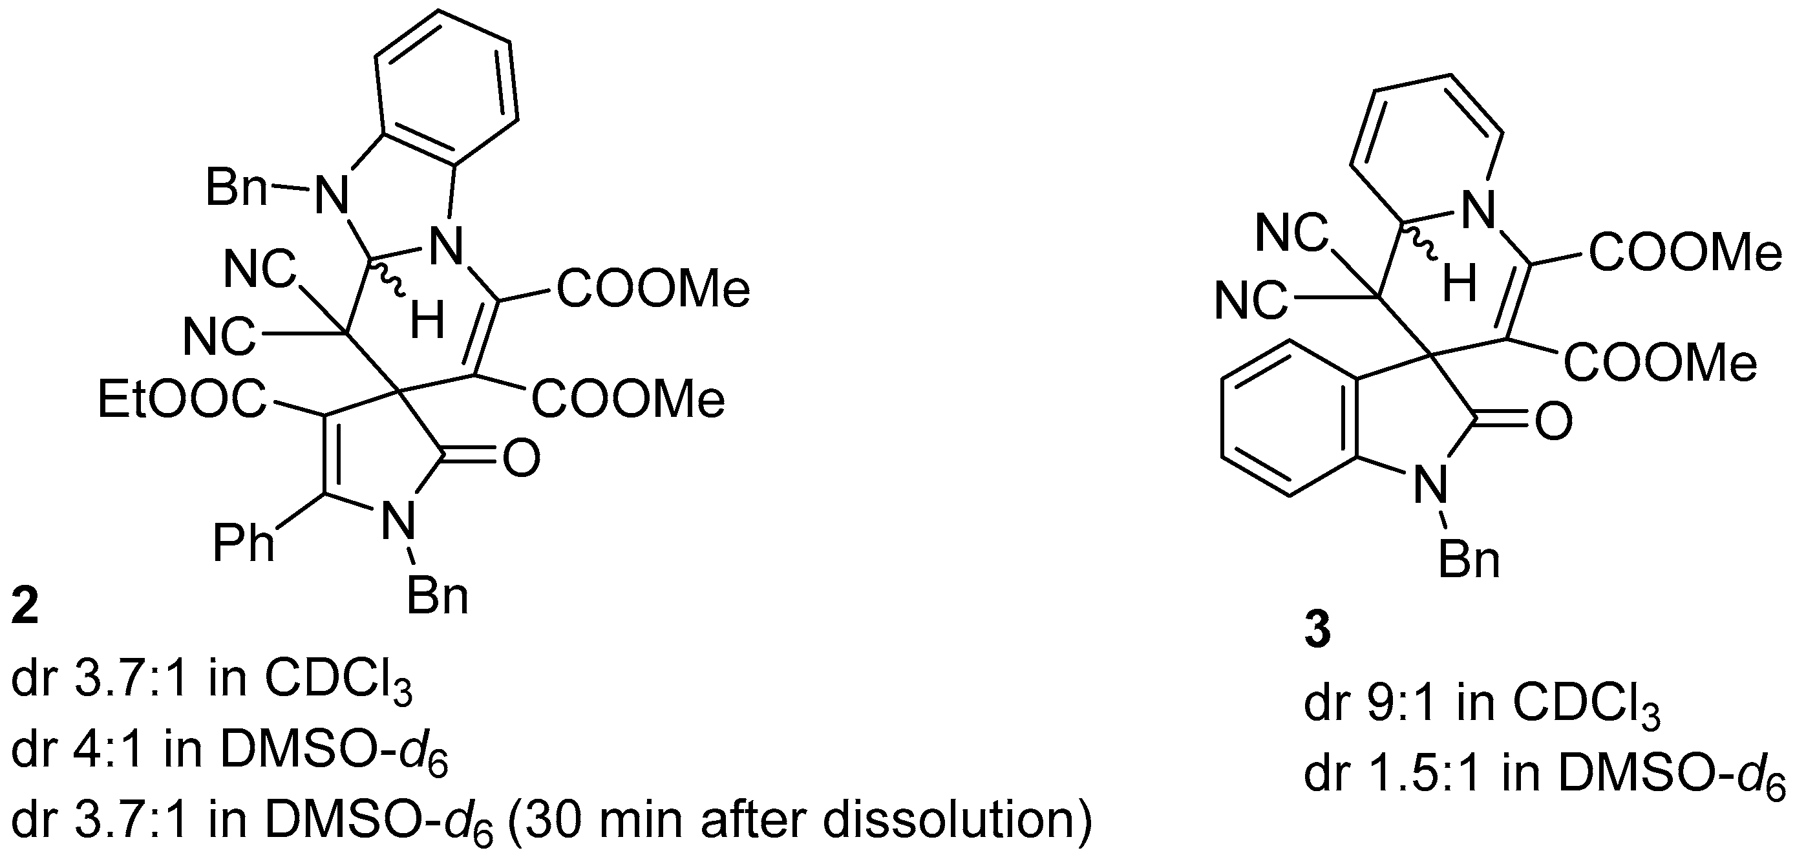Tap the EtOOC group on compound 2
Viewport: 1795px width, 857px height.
point(182,400)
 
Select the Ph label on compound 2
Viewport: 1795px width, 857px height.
point(244,544)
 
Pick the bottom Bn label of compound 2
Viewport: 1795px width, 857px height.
point(437,597)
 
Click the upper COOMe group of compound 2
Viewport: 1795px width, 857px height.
point(652,289)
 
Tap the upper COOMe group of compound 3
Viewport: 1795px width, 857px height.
point(1685,253)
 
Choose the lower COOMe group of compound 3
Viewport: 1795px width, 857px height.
point(1660,363)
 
